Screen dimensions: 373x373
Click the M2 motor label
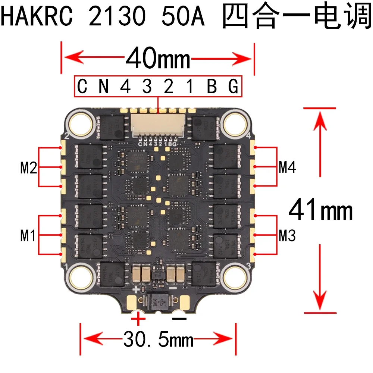(x=29, y=168)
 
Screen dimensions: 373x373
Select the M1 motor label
(x=29, y=236)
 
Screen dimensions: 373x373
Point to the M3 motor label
(x=287, y=236)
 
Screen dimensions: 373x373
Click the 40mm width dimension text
(x=158, y=59)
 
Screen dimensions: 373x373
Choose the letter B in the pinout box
(x=212, y=87)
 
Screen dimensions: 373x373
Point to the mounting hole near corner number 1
(x=79, y=276)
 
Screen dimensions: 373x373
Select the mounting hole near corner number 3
(x=235, y=276)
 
